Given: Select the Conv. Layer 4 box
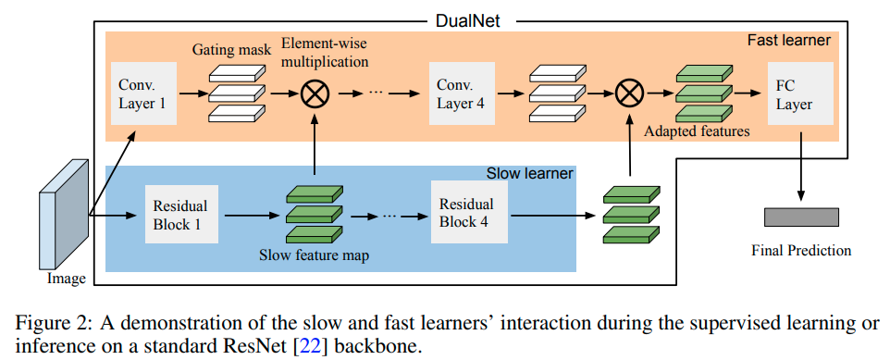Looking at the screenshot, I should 460,93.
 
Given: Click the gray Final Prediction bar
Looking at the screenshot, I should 801,217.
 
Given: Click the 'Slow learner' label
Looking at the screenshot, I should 529,174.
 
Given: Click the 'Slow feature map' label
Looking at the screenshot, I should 315,254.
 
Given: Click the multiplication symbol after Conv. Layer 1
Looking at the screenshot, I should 315,93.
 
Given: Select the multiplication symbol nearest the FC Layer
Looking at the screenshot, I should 629,93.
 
